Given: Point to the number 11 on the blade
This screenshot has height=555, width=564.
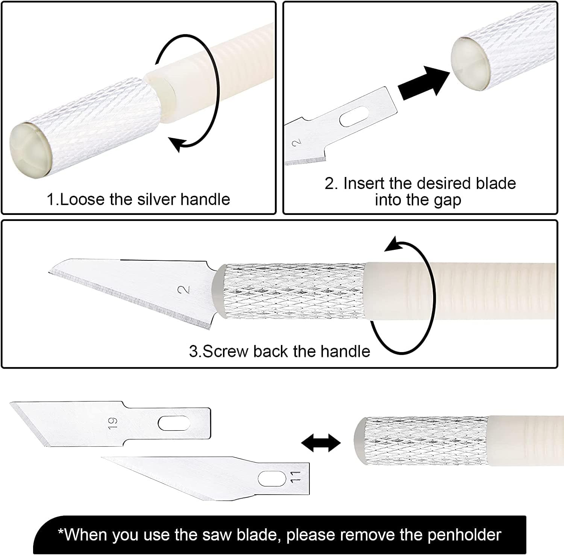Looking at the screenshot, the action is point(295,478).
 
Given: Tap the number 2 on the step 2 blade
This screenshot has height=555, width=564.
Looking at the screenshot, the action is point(297,142).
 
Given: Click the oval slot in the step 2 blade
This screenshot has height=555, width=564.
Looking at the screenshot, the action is point(354,116).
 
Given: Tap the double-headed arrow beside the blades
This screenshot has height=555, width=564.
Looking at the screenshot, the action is point(321,442).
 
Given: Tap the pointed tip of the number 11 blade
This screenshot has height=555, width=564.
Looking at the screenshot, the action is point(102,457).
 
